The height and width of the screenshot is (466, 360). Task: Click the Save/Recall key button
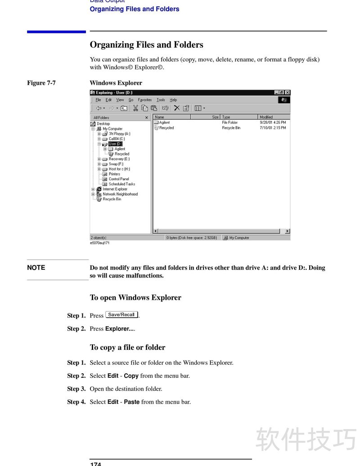[121, 315]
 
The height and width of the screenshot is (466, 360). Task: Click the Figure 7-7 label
[41, 83]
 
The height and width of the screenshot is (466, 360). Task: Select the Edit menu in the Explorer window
[108, 100]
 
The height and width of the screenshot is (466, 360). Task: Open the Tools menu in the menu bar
[161, 100]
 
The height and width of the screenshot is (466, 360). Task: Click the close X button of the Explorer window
[288, 93]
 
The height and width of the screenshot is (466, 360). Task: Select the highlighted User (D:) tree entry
[115, 144]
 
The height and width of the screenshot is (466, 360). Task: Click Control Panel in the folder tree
[119, 179]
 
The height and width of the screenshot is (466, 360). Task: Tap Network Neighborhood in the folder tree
[120, 194]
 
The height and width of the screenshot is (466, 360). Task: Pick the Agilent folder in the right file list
[164, 122]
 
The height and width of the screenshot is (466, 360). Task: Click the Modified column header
[266, 117]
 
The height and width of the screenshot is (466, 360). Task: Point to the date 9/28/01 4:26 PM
[273, 122]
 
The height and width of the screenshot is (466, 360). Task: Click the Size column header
[215, 117]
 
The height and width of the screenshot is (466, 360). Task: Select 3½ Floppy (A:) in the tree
[119, 134]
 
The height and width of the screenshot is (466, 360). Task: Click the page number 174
[95, 463]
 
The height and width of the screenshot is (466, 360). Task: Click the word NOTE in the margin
[36, 267]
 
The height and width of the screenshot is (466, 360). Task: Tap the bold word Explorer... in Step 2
[120, 329]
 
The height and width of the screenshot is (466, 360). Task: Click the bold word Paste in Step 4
[131, 402]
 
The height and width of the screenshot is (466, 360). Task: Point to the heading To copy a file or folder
[127, 347]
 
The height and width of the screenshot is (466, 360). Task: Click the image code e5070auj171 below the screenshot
[99, 243]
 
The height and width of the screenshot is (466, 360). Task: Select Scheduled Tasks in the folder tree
[121, 184]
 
